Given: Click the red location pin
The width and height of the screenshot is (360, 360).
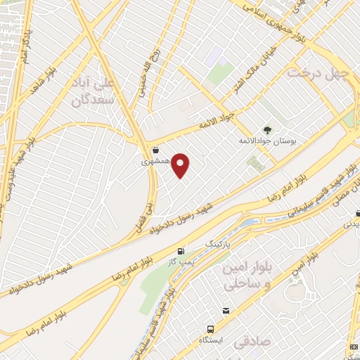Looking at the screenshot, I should point(181,165).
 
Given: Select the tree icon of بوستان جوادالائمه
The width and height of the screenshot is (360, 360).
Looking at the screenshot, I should point(267,129).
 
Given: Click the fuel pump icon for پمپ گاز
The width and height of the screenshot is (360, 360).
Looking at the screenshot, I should point(182,251).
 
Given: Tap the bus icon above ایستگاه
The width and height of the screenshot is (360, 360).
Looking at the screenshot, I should point(210,328).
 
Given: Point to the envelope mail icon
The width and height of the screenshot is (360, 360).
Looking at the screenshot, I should point(226,311).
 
